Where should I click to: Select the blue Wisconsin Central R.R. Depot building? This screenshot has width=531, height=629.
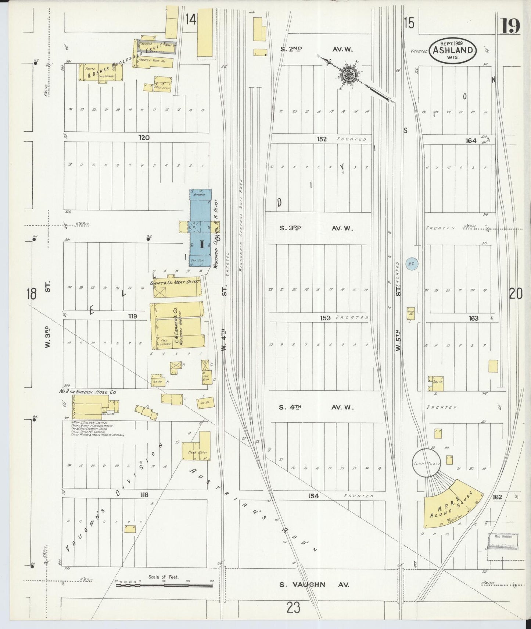pos(200,228)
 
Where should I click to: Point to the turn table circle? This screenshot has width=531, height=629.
pos(427,463)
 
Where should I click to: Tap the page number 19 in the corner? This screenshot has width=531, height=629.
pos(510,26)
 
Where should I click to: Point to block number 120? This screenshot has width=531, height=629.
pos(144,138)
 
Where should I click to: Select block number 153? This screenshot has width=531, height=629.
pos(325,318)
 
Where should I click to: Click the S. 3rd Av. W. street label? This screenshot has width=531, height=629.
pos(316,228)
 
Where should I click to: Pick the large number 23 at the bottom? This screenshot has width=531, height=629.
pos(294,607)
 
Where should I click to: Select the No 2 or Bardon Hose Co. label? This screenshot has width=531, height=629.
pos(88,392)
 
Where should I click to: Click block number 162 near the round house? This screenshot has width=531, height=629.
pos(497,497)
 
